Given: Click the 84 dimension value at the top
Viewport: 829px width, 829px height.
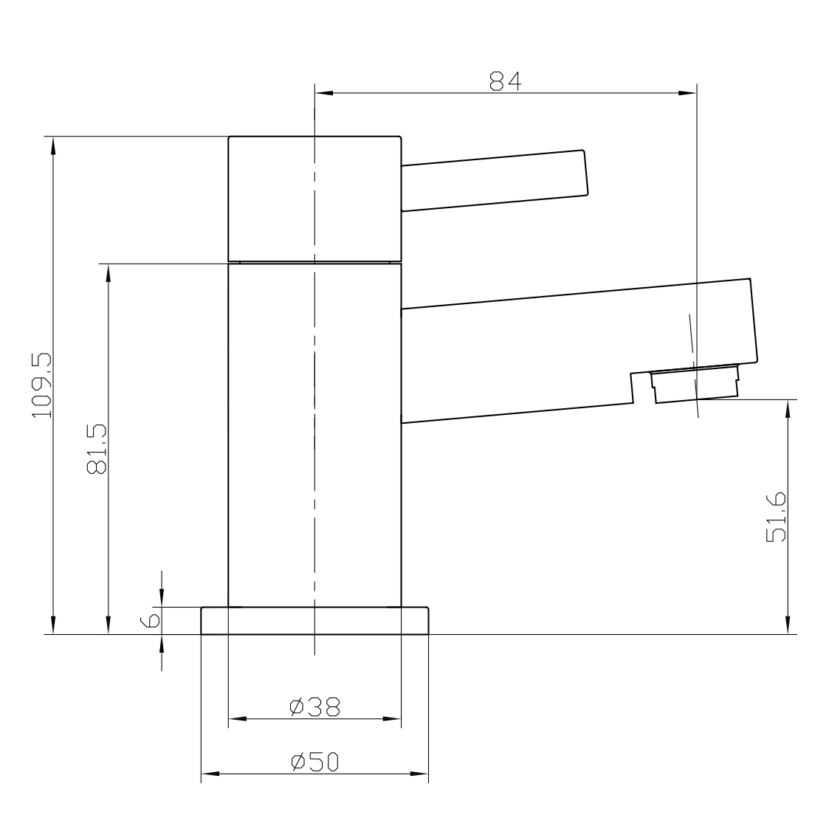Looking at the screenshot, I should pos(506,81).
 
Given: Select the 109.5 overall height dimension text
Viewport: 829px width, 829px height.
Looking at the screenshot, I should pos(41,385).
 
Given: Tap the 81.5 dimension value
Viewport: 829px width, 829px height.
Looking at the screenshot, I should pos(97,448).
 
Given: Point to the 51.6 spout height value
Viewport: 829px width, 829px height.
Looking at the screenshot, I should pos(777,517).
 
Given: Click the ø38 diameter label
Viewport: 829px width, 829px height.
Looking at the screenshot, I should pos(314,706).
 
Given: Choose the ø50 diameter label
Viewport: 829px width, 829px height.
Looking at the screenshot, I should pos(314,762).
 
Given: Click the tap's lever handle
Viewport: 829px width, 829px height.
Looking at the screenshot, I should pos(495,180).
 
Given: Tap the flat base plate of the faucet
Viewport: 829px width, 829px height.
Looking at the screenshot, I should pos(314,621).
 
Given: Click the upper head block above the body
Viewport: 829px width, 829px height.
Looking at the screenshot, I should pos(314,199).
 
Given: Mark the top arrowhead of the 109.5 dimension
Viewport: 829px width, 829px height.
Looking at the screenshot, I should pos(52,145).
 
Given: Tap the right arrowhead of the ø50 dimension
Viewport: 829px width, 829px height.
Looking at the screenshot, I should pos(420,774).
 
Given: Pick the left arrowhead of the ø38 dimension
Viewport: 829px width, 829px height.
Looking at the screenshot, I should pos(236,719).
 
